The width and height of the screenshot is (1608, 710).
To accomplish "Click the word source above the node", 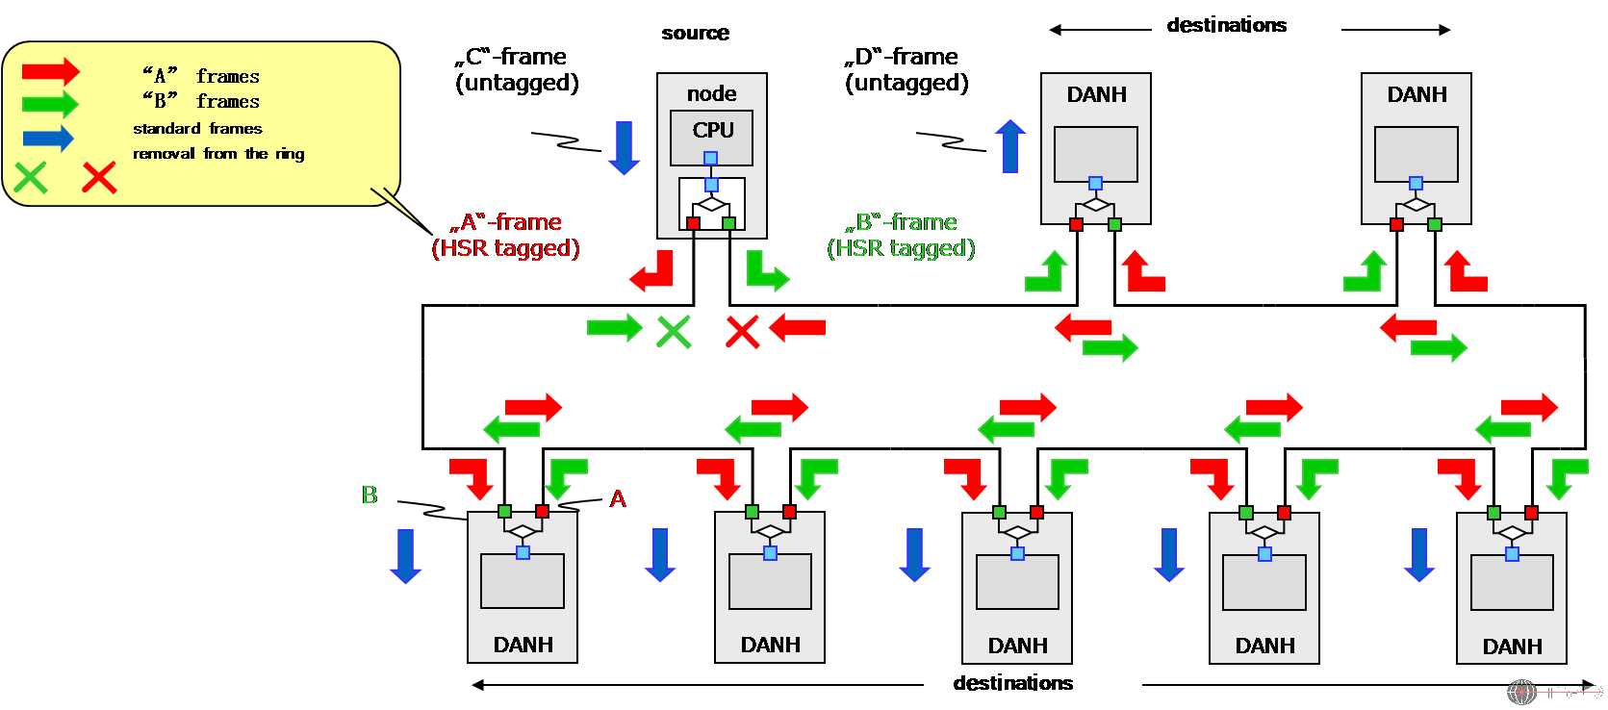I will click(x=695, y=34).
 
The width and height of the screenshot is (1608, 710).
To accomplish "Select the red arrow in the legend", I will click(x=51, y=71).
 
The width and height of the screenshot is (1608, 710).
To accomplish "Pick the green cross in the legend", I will click(x=31, y=177).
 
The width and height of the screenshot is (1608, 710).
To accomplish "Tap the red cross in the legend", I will click(x=99, y=177).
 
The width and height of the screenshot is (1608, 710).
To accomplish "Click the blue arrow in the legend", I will click(x=48, y=139).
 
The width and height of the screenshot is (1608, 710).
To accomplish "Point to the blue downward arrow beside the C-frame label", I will click(x=624, y=147).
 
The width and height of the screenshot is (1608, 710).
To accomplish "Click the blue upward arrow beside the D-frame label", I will click(x=1009, y=145).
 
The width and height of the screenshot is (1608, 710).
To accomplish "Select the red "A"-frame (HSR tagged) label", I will click(x=506, y=236).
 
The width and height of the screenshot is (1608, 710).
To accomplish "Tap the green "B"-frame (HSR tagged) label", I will click(x=901, y=236).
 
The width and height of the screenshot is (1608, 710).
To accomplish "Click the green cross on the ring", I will click(x=673, y=332).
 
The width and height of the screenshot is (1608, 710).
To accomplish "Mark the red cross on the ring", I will click(x=742, y=332).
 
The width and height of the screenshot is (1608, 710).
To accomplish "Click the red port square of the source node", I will click(x=693, y=223).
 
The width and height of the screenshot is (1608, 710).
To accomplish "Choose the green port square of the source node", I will click(x=728, y=223).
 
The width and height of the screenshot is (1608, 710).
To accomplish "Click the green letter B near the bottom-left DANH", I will click(x=370, y=495).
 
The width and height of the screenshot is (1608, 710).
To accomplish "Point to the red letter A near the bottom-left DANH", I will click(x=618, y=499).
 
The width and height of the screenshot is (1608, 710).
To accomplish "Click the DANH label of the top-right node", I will click(x=1417, y=94).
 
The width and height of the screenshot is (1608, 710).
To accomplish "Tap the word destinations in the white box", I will click(x=1226, y=25).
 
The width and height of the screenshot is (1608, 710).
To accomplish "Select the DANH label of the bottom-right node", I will click(x=1512, y=647).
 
